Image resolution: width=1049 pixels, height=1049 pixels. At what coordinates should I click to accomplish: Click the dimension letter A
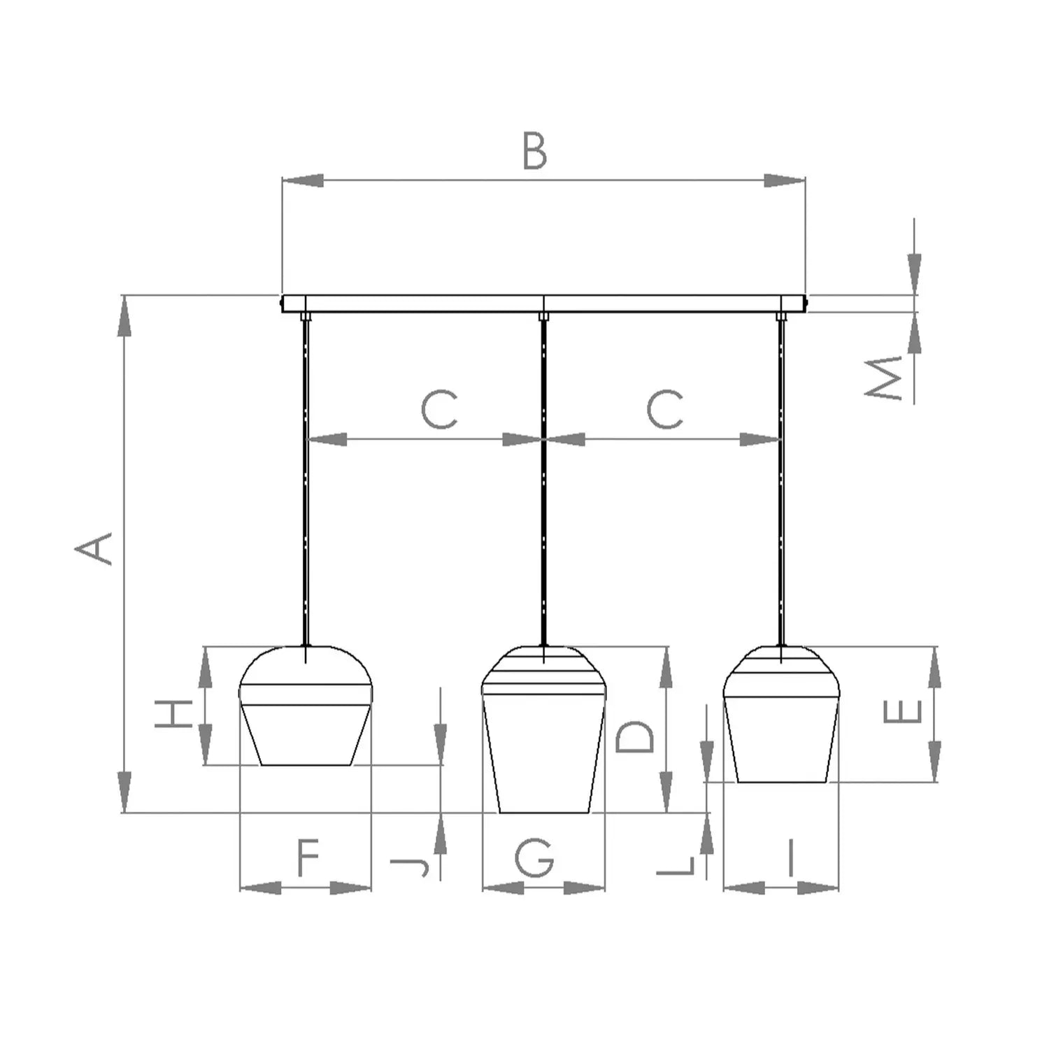pos(94,549)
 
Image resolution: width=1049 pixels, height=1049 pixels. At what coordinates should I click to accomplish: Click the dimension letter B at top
pos(535,152)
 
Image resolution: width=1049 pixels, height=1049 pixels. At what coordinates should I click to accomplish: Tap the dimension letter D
pos(635,736)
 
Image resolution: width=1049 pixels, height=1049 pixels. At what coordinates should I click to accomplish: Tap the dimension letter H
pos(173,713)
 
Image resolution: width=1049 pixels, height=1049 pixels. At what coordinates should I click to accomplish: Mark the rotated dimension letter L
pos(676,865)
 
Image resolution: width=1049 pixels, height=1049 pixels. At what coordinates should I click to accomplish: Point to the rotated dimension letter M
pos(885,378)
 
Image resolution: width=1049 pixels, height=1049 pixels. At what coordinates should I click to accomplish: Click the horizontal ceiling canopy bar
pos(543,304)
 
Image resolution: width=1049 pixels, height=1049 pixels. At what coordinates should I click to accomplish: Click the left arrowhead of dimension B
pos(302,180)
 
